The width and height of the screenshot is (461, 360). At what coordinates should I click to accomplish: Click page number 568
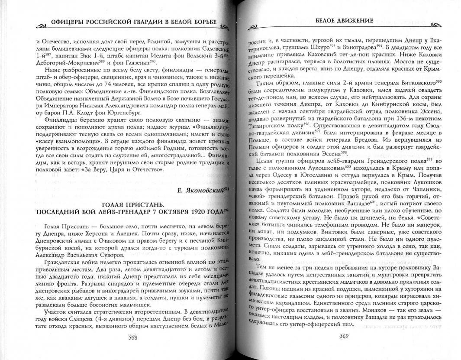click(133, 337)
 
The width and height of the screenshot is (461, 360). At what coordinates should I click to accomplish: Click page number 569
click(345, 335)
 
